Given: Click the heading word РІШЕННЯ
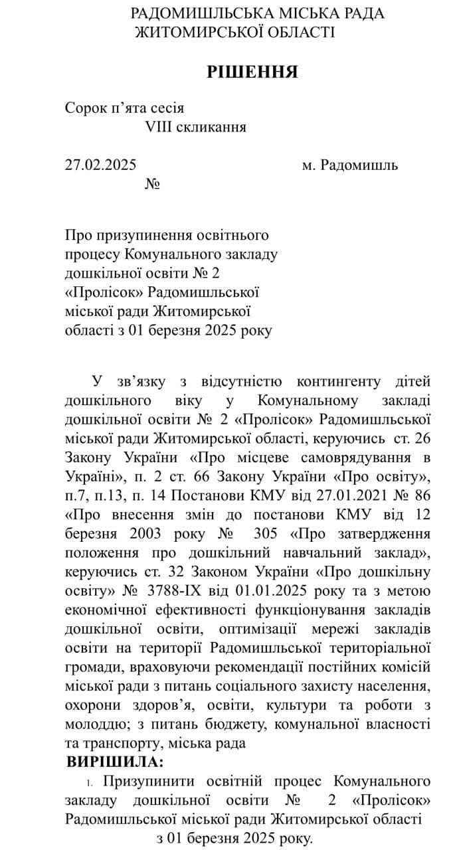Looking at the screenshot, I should (x=252, y=72).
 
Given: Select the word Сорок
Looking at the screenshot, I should (x=84, y=108).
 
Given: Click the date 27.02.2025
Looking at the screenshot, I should (x=100, y=165).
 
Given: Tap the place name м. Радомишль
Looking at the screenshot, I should (x=350, y=165).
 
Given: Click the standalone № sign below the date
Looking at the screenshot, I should (x=153, y=183).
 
